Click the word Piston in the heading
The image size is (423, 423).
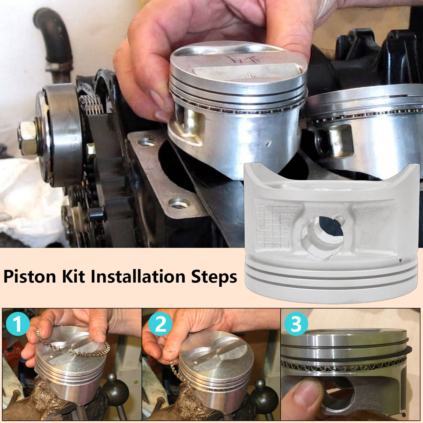pos(30,277)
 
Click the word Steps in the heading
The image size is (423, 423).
pos(214,277)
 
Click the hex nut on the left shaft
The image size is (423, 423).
pos(27,138)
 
